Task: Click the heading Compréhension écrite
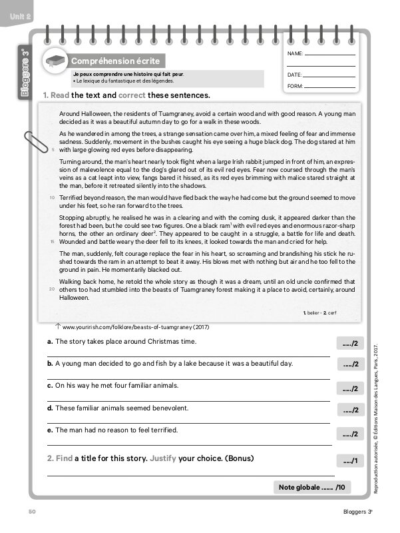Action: tap(106, 61)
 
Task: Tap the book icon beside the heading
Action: tap(55, 61)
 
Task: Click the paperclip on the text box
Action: tap(32, 144)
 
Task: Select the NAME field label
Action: tap(295, 53)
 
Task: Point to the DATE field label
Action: tap(295, 75)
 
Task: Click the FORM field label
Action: tap(295, 87)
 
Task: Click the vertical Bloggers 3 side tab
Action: tap(25, 73)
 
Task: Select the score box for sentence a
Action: tap(350, 344)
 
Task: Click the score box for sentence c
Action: tap(350, 388)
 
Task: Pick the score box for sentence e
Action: tap(350, 434)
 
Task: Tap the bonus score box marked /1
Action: tap(351, 461)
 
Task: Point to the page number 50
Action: tap(31, 512)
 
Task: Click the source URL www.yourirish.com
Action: tap(136, 327)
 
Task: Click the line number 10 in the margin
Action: tap(52, 199)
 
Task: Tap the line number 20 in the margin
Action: tap(52, 289)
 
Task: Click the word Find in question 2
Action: tap(63, 458)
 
